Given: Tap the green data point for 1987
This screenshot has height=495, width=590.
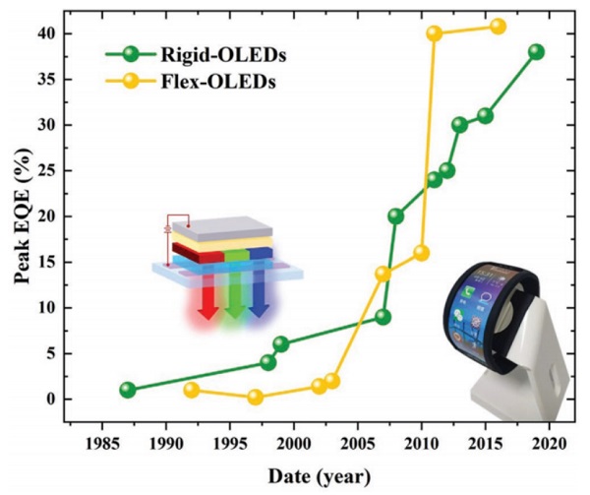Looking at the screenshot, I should [127, 390].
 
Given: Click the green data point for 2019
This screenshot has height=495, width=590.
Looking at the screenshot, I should [536, 51].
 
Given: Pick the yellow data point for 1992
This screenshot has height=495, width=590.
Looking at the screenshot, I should [192, 390].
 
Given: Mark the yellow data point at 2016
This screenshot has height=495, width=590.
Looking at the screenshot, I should [498, 26].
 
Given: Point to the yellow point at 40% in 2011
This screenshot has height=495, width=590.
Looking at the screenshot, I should [434, 33].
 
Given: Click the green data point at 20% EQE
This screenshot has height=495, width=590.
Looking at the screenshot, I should [395, 217].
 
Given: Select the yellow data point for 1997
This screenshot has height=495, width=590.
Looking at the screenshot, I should [256, 397].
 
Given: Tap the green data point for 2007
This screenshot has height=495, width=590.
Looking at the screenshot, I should [383, 317].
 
